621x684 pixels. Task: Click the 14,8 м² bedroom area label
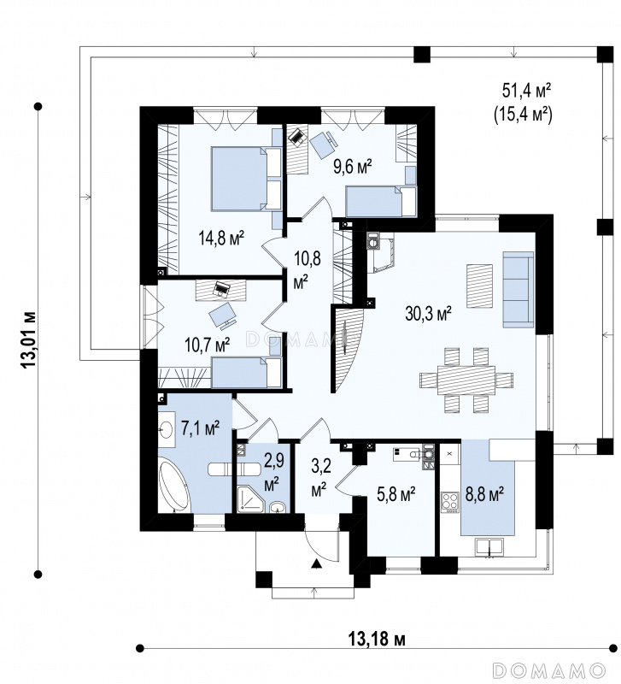220,238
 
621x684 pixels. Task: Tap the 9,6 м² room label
353,166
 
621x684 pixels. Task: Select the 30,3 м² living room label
428,313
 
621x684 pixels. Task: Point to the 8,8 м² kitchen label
485,495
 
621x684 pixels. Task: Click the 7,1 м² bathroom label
200,428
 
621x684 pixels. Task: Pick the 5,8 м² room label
395,494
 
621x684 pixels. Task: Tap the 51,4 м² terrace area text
527,91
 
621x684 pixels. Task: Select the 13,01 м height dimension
29,339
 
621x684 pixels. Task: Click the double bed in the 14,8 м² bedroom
246,179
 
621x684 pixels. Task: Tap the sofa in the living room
518,289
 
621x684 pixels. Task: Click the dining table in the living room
466,380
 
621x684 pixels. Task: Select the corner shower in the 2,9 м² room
250,498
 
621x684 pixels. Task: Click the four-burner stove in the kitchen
450,502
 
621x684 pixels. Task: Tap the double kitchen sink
489,546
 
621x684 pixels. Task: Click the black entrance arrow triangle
316,564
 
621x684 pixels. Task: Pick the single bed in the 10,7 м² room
246,372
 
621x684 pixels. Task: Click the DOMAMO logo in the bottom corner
549,669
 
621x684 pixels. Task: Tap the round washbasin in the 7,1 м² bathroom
166,429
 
